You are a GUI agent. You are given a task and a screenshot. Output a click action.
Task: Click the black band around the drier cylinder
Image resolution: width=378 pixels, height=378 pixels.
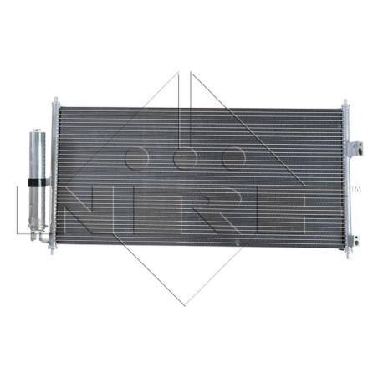point(35,181)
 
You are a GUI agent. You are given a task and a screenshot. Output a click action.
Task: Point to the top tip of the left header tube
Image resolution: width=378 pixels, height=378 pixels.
point(54,104)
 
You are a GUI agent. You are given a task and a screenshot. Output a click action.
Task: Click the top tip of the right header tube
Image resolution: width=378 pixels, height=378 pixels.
point(343,102)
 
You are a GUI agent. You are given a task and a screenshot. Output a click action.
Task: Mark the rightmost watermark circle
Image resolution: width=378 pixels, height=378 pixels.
point(232,156)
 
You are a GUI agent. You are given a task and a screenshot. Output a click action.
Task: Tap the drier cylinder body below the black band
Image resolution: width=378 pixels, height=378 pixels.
point(35,205)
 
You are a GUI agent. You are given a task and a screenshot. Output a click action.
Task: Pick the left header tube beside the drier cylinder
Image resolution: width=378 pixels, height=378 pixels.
point(54,180)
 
